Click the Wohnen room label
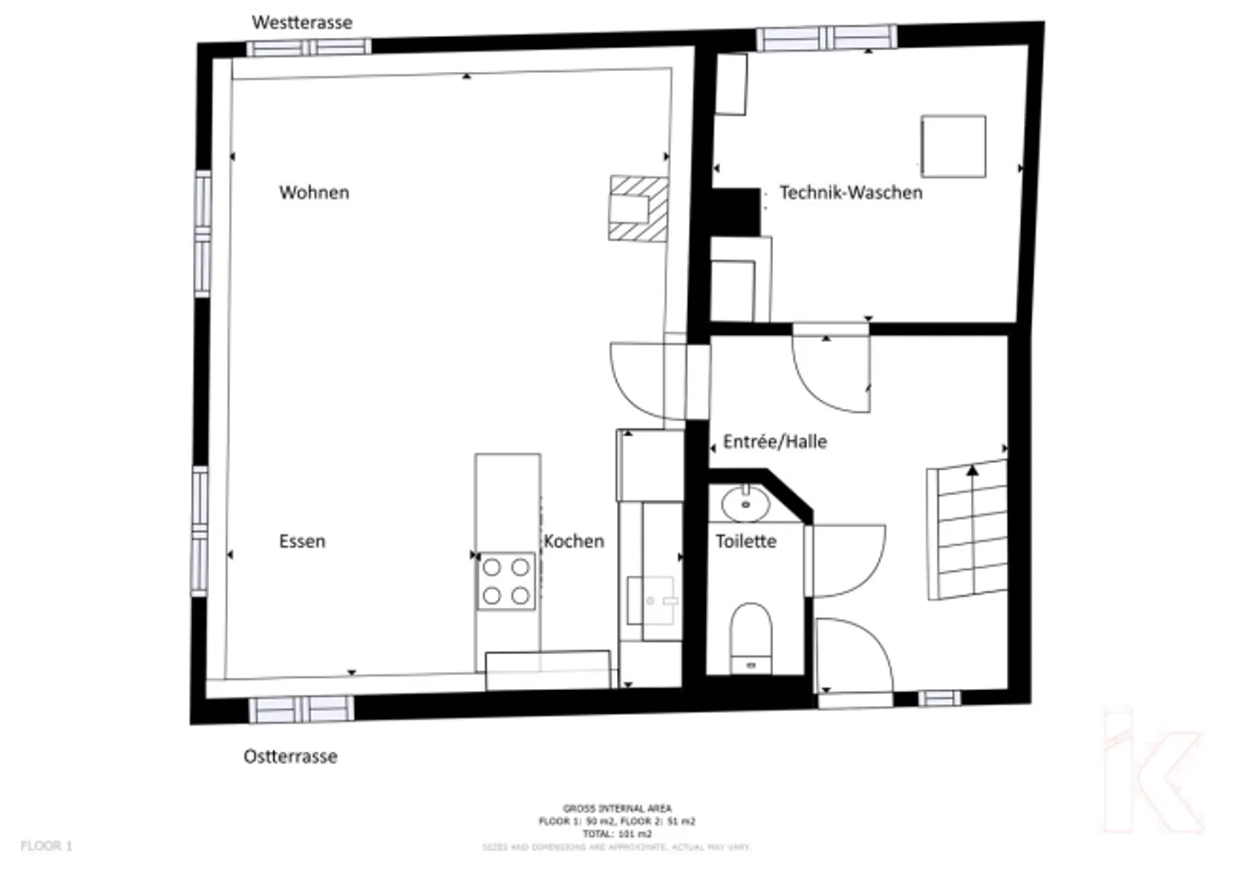coord(314,192)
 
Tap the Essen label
coord(302,541)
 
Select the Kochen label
coord(573,541)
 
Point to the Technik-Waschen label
coord(850,192)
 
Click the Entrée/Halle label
coord(775,442)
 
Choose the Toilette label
coord(746,541)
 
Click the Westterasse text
coord(302,22)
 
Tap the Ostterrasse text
coord(291,756)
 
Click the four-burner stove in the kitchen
coord(506,581)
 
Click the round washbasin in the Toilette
coord(746,504)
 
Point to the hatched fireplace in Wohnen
coord(638,207)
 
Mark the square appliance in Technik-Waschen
coord(953,147)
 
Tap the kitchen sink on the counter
coord(652,599)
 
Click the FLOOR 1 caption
coord(46,846)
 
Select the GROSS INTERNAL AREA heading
coord(617,808)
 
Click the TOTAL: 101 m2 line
coord(617,833)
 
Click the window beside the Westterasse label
coord(308,47)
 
